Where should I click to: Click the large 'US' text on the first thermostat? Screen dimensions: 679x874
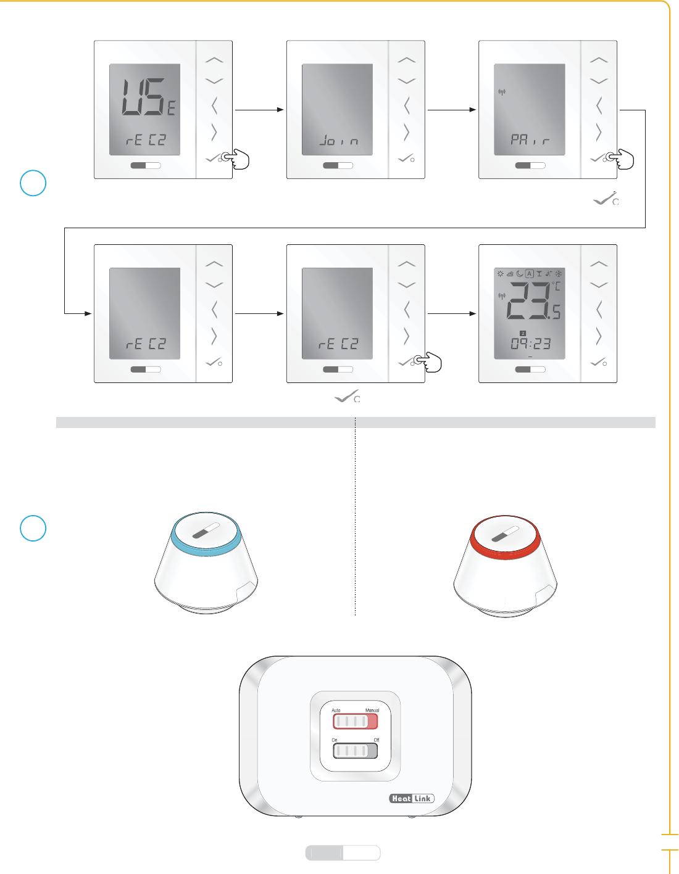(x=143, y=97)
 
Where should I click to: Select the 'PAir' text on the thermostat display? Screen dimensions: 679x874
(x=530, y=140)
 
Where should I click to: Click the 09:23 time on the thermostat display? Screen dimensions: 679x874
(x=530, y=344)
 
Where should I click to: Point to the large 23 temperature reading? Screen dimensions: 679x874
(x=527, y=300)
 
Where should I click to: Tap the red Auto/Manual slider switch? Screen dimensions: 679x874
(x=355, y=721)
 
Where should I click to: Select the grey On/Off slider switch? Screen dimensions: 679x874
(x=355, y=751)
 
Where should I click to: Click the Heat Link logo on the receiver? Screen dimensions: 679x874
(x=412, y=798)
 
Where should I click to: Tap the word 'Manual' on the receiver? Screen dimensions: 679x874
(x=372, y=710)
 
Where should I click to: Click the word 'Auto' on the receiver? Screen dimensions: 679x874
(x=336, y=710)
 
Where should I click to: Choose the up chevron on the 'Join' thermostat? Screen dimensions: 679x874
(x=406, y=60)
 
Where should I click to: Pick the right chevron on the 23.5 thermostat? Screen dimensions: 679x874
(x=598, y=336)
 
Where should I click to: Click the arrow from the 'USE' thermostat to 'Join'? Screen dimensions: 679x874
(x=259, y=110)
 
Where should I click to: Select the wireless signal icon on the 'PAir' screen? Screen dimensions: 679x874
(x=502, y=93)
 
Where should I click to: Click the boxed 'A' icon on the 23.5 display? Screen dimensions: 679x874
(x=529, y=273)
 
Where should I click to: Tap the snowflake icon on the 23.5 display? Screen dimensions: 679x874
(x=558, y=273)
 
